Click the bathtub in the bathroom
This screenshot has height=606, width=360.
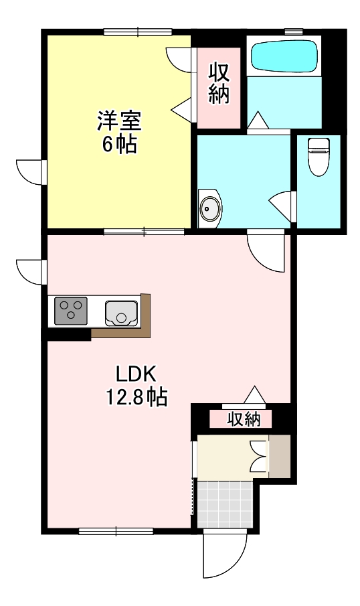(283, 56)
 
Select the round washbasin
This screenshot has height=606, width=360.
(210, 208)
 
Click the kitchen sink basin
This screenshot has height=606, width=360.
(121, 312)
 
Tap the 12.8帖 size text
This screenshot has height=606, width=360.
(137, 398)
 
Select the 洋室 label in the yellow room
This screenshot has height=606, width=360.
(119, 122)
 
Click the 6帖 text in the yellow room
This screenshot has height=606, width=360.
(119, 144)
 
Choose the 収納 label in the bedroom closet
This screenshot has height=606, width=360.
(219, 82)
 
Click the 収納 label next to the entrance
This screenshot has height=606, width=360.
(242, 420)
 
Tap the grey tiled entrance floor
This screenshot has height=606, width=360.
(226, 506)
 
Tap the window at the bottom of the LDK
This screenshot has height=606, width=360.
(116, 531)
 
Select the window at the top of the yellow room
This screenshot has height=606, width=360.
(138, 31)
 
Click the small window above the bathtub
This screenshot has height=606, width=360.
(292, 31)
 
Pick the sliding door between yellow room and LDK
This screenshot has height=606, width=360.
(144, 232)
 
